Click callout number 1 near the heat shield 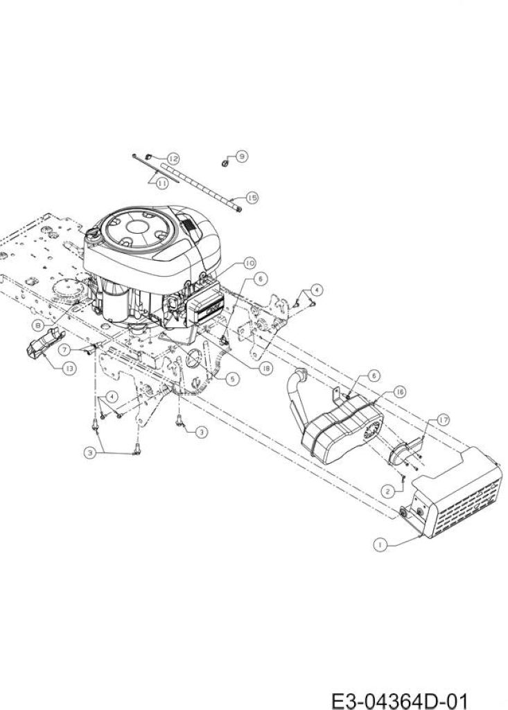tap(380, 545)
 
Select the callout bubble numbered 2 tap(387, 491)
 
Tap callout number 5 tap(231, 379)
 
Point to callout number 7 tap(65, 349)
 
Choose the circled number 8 tap(39, 324)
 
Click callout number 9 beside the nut tap(243, 156)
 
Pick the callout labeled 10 tap(249, 263)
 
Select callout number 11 tap(162, 183)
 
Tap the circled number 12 tap(173, 159)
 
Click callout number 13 tap(69, 368)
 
